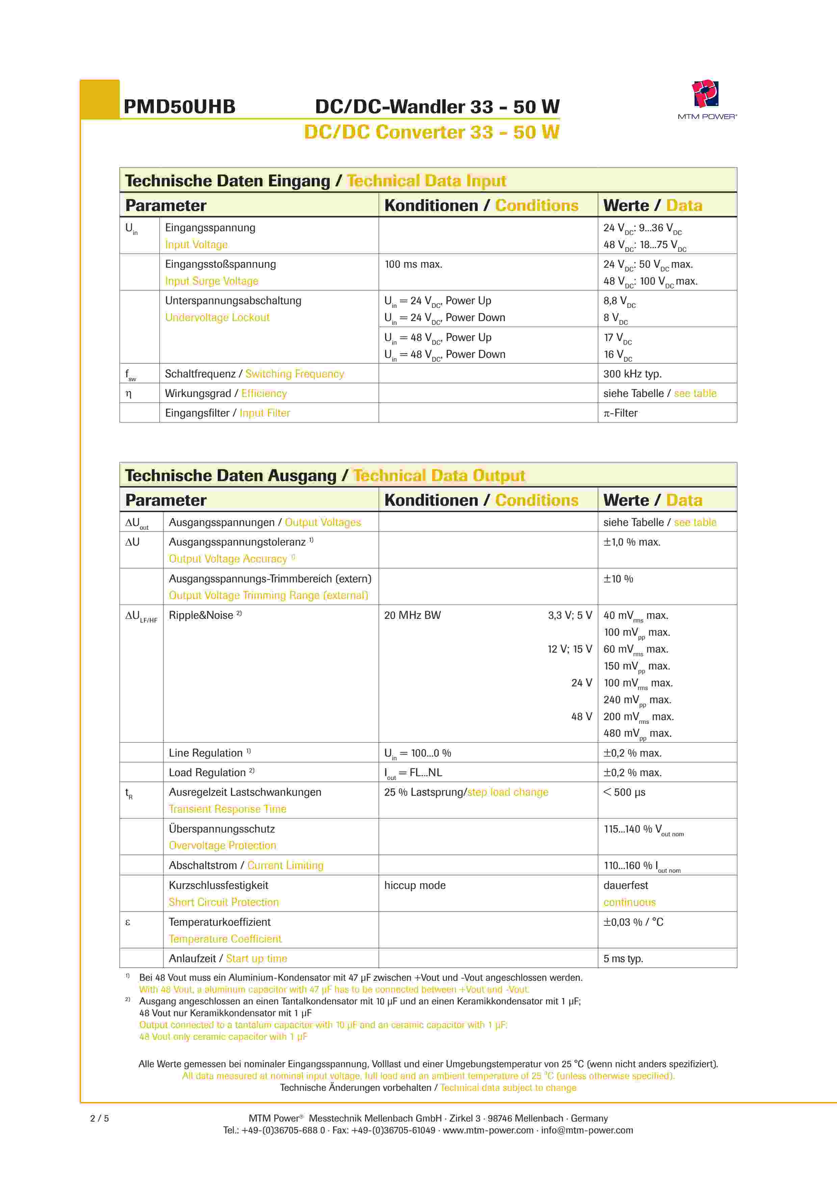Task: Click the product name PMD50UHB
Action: [x=179, y=107]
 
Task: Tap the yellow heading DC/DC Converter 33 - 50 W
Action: [x=431, y=132]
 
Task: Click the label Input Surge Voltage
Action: [x=211, y=281]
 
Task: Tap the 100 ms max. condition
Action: [x=413, y=264]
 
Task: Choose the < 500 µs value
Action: [x=624, y=792]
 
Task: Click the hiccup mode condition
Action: [x=415, y=885]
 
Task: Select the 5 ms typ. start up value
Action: [x=623, y=958]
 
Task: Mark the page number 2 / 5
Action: [x=100, y=1118]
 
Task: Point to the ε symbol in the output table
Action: [x=128, y=922]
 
